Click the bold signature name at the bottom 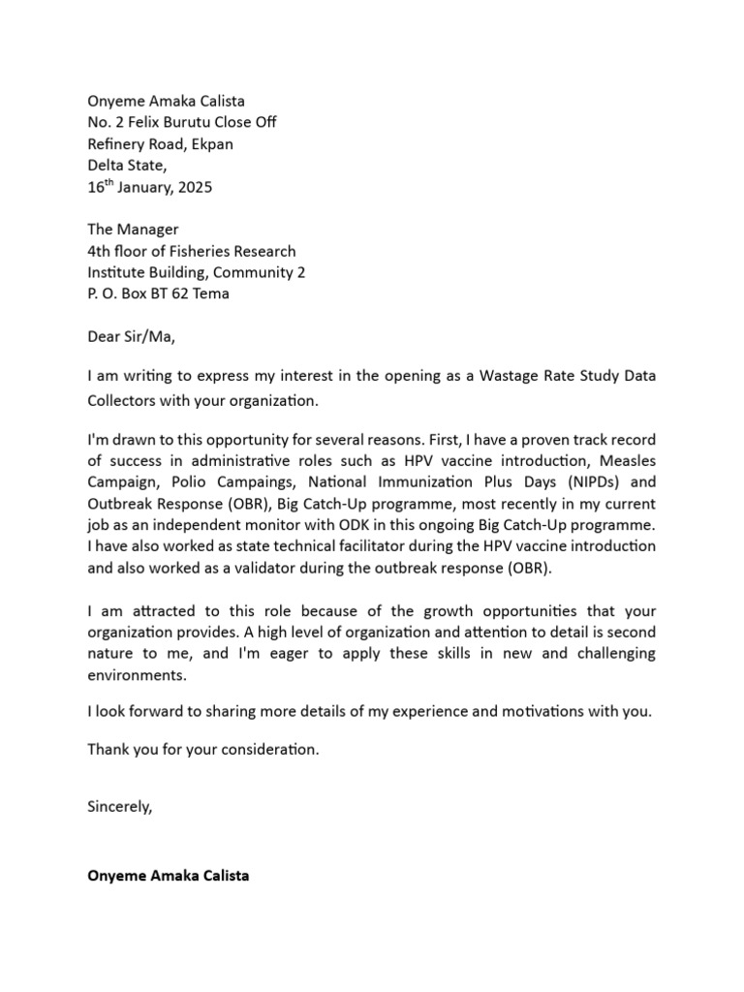(168, 876)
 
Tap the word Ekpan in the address (211, 143)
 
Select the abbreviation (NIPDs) (584, 482)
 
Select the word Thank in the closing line (108, 750)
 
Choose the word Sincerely (120, 806)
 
